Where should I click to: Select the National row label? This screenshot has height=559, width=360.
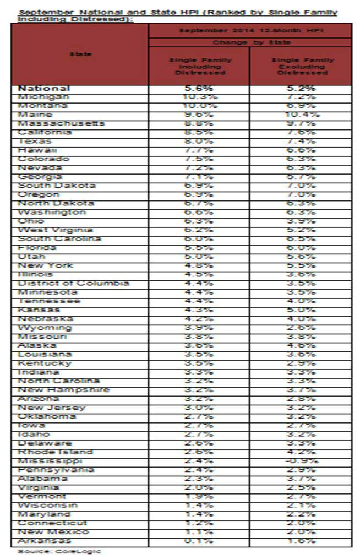(44, 88)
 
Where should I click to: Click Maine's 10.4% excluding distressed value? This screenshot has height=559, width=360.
(301, 115)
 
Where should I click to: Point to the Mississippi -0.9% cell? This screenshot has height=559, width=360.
(301, 461)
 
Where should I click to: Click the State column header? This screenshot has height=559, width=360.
(80, 54)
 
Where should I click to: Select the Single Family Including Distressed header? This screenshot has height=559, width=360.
(199, 66)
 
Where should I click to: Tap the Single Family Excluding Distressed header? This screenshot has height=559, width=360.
(301, 66)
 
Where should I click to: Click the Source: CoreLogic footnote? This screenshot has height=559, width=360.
(59, 551)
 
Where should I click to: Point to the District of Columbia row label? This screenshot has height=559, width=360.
(73, 283)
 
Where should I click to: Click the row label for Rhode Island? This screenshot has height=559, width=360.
(56, 452)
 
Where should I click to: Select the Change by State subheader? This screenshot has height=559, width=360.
(250, 42)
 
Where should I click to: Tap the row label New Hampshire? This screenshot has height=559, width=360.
(64, 390)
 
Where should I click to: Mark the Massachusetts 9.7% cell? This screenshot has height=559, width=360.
(301, 123)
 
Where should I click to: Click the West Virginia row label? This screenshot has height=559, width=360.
(55, 230)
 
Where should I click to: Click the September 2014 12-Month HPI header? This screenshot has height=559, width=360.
(250, 31)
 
